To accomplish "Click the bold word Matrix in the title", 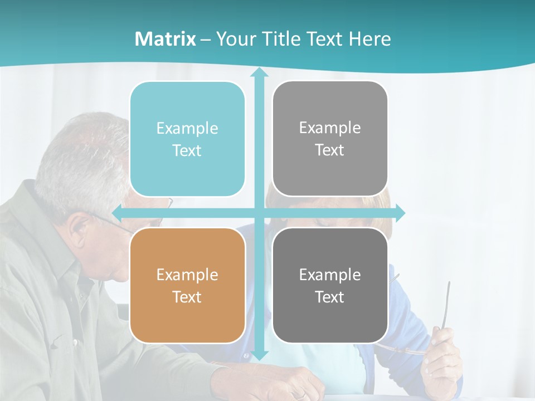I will [x=166, y=39].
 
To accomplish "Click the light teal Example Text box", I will [x=187, y=139].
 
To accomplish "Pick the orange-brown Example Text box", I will [x=187, y=285].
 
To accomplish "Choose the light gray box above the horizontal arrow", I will [x=330, y=139].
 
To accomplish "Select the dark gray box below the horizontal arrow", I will [x=330, y=285].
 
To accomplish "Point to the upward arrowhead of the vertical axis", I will [x=259, y=73].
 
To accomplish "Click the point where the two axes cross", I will [x=259, y=213].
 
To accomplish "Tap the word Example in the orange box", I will [x=187, y=275].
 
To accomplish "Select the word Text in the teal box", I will [x=187, y=150].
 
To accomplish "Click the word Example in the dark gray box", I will [x=330, y=275].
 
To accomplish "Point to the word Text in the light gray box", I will [x=330, y=150].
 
